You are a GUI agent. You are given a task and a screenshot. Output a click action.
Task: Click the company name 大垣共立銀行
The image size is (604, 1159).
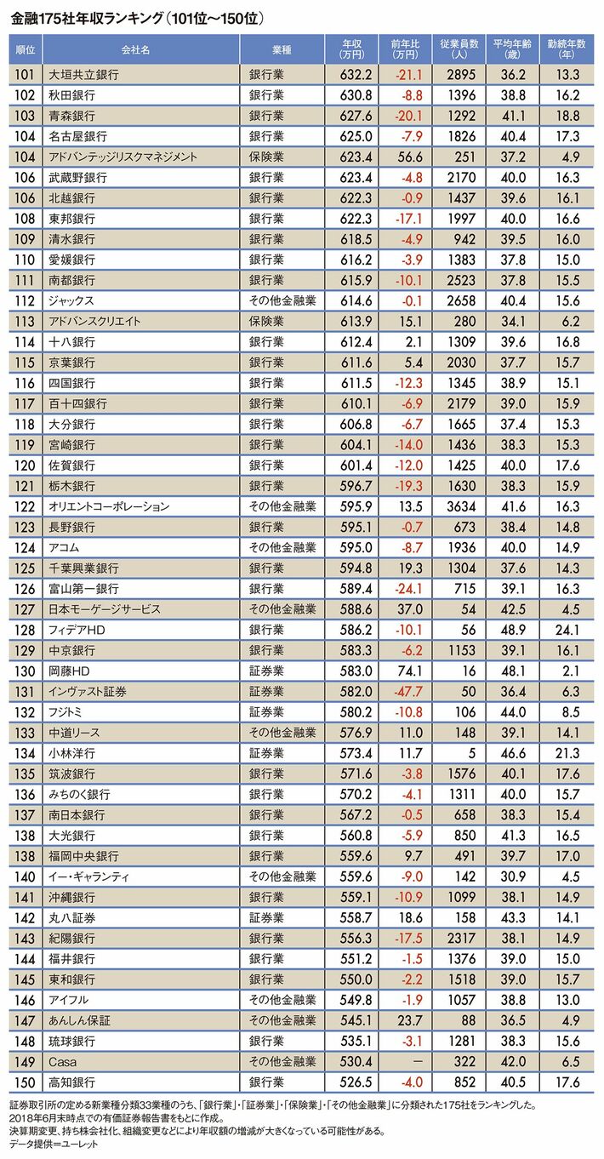click(x=84, y=75)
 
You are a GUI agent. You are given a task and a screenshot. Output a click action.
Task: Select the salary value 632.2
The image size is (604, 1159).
click(x=352, y=75)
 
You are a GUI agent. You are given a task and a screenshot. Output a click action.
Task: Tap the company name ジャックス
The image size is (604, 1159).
click(x=72, y=300)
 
